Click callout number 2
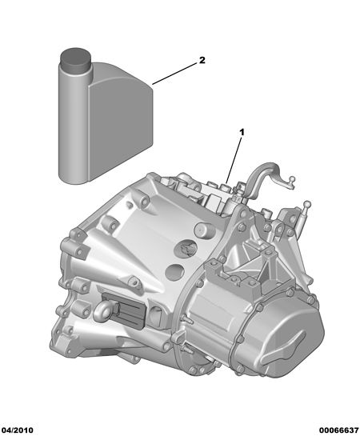tap(202, 60)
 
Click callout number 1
tap(242, 132)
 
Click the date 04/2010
tap(17, 430)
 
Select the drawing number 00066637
tap(339, 430)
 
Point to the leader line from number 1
tap(234, 161)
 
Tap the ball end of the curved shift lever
tap(292, 178)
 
